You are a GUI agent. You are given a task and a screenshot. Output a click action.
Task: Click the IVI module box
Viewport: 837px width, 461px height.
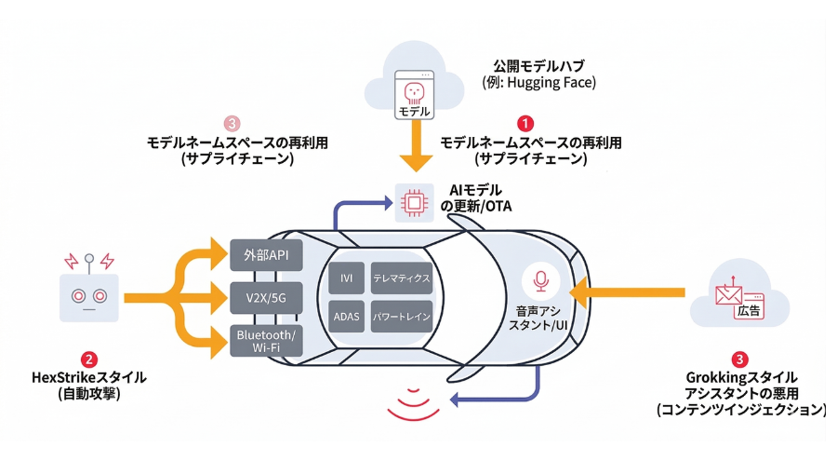tap(347, 278)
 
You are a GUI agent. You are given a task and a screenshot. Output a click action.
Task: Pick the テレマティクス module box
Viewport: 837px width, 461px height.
tap(401, 278)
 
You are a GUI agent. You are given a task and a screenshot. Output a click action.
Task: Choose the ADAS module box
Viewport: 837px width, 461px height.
tap(347, 316)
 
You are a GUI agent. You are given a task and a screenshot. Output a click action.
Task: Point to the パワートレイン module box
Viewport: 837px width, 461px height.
tap(401, 316)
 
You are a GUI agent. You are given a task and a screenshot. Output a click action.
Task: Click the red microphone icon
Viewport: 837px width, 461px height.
tap(540, 278)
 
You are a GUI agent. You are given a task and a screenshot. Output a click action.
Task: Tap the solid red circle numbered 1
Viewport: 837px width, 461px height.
tap(525, 123)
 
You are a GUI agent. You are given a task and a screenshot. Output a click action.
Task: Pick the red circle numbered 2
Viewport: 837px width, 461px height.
tap(89, 358)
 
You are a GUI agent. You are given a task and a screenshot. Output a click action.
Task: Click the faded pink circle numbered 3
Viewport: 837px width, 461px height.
tap(232, 123)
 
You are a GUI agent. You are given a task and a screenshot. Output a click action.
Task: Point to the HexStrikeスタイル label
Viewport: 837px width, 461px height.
tap(89, 377)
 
